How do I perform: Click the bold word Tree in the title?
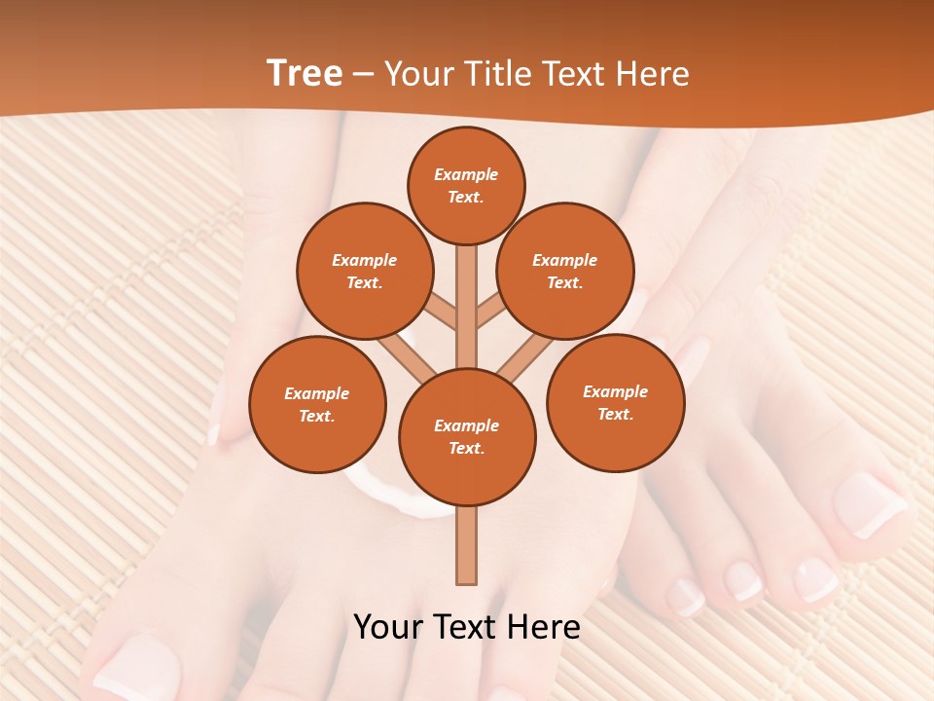click(304, 73)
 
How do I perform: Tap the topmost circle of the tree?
click(466, 185)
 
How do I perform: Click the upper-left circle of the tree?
click(364, 271)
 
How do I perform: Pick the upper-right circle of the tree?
click(565, 271)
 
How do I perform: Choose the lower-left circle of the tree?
click(317, 404)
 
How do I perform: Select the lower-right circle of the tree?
click(616, 402)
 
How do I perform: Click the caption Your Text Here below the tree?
click(467, 626)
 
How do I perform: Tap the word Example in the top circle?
click(466, 174)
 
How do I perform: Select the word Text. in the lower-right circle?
click(615, 414)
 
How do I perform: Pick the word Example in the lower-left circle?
click(316, 393)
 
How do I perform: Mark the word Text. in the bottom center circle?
click(466, 448)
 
